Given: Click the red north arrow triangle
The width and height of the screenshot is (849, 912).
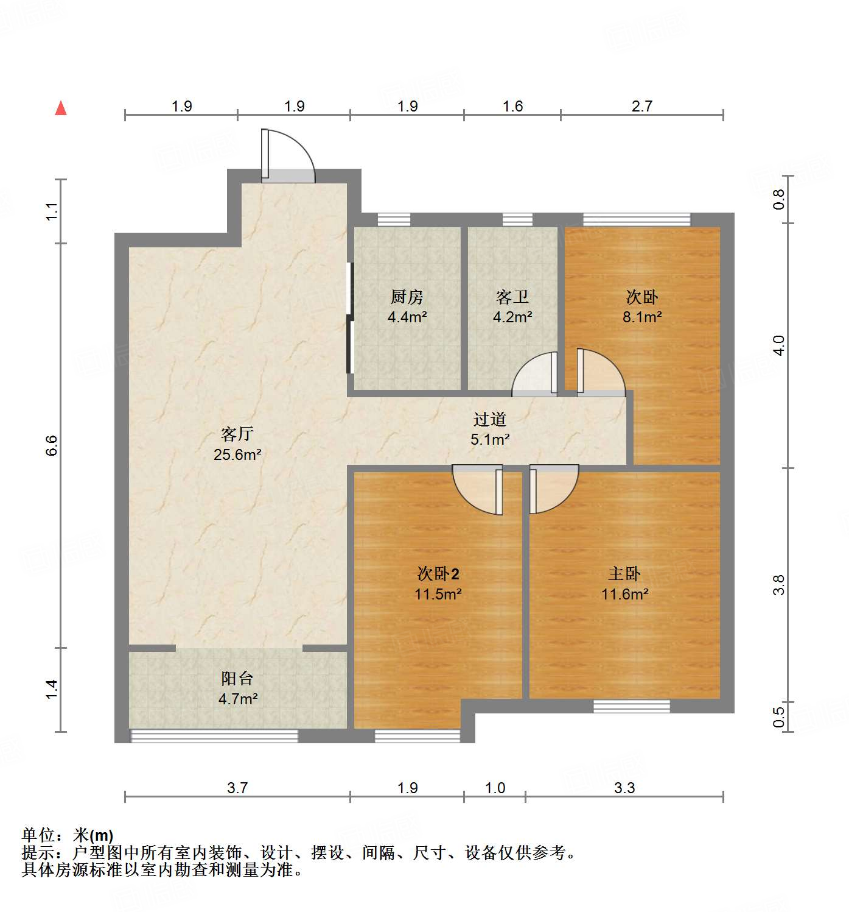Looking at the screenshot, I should click(61, 108).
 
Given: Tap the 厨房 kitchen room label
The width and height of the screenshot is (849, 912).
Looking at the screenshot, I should click(407, 297).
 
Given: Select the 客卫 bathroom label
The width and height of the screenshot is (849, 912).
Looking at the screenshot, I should click(512, 297).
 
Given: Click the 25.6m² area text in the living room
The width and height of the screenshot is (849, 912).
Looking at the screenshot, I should click(237, 454).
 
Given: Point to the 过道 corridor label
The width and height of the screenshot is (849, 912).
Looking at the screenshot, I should click(490, 419).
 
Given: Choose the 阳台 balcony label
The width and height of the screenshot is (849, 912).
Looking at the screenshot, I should click(237, 679).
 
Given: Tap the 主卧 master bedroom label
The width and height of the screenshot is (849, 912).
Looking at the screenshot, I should click(624, 574).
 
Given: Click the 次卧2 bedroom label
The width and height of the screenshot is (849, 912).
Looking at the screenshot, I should click(438, 574).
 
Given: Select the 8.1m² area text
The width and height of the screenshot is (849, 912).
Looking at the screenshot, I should click(642, 317).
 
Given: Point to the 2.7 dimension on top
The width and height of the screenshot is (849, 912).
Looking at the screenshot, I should click(642, 107).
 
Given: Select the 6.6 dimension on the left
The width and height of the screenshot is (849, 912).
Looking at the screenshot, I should click(52, 445).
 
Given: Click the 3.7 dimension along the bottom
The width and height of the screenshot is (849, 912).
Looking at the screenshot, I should click(237, 788).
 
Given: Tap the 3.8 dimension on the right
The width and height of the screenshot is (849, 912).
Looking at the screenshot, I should click(779, 585).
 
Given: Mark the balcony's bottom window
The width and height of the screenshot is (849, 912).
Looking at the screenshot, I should click(215, 736).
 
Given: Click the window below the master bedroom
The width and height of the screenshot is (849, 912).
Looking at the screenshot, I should click(632, 706).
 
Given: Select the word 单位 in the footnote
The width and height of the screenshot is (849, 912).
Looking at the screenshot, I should click(38, 835).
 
